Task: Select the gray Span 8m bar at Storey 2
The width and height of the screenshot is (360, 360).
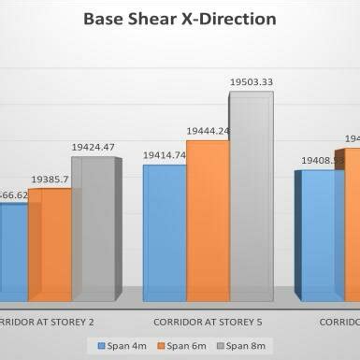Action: point(93,229)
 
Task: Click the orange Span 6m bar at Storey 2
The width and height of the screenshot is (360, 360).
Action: point(50,245)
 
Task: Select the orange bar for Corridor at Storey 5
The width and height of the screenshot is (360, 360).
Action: point(207,221)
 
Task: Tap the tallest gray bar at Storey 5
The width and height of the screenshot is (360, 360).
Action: point(251,196)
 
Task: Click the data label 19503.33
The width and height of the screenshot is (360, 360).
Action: point(252,83)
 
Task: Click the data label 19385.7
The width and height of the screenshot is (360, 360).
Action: point(48,178)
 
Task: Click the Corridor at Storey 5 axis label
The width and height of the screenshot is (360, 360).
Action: point(207,321)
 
